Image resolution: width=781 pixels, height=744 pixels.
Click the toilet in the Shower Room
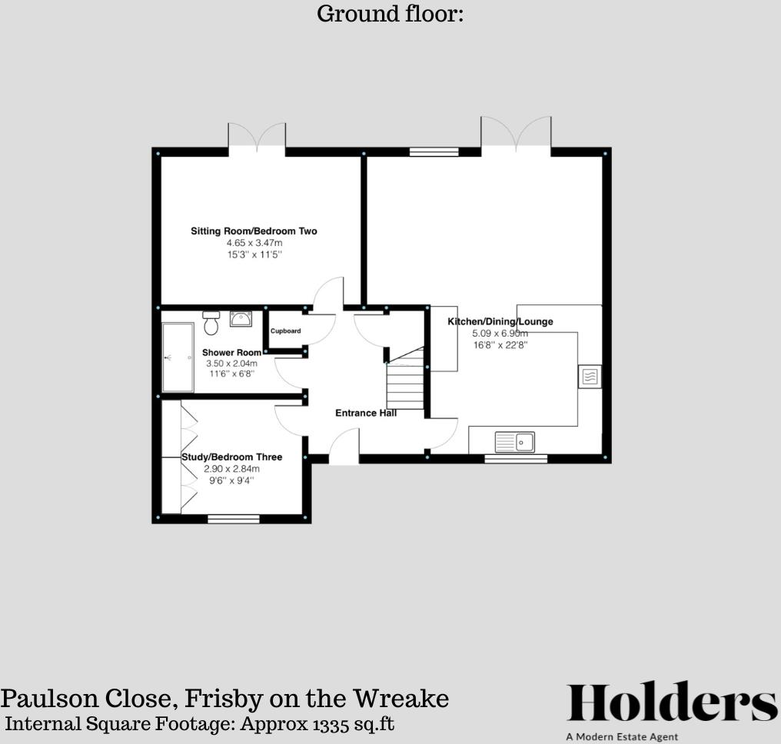tap(211, 324)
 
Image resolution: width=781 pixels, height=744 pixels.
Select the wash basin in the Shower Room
tap(241, 319)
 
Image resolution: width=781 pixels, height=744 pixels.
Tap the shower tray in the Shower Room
tap(178, 357)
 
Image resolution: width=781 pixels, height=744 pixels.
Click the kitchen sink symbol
tap(515, 441)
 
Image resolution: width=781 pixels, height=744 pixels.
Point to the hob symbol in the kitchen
tap(590, 377)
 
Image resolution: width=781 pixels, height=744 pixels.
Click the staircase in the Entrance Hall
tap(405, 380)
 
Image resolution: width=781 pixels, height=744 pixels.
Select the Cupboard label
tap(285, 331)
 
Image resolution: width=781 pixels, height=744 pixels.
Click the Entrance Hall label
tap(366, 414)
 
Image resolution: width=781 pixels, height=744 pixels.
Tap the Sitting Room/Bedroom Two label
tap(254, 231)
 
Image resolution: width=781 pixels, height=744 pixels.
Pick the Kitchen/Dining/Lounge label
tap(500, 322)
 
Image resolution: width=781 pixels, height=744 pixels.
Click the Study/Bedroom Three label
tap(231, 457)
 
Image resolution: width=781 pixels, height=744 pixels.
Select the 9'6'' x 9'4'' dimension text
tap(231, 480)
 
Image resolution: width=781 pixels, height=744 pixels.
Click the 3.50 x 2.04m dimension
tap(231, 364)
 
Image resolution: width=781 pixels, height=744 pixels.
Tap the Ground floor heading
tap(390, 14)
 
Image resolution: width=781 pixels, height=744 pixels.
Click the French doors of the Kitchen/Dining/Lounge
tap(516, 134)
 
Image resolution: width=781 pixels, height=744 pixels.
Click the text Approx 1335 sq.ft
tap(317, 724)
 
